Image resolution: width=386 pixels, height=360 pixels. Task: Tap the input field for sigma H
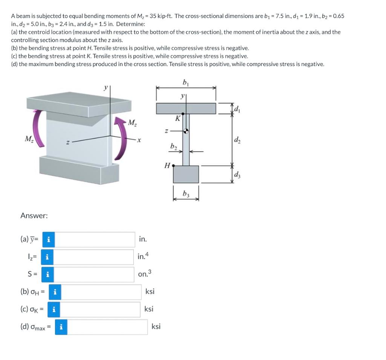(x=101, y=292)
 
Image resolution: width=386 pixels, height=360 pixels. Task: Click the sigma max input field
(x=107, y=327)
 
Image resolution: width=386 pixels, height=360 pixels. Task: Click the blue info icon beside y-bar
(x=48, y=239)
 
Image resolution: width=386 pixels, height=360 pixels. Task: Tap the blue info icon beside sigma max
(x=61, y=327)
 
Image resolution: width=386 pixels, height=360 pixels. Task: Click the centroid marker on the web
(x=186, y=131)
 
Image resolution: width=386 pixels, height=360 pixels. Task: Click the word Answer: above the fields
(x=34, y=216)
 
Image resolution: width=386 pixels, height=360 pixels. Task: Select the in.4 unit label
(x=144, y=257)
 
